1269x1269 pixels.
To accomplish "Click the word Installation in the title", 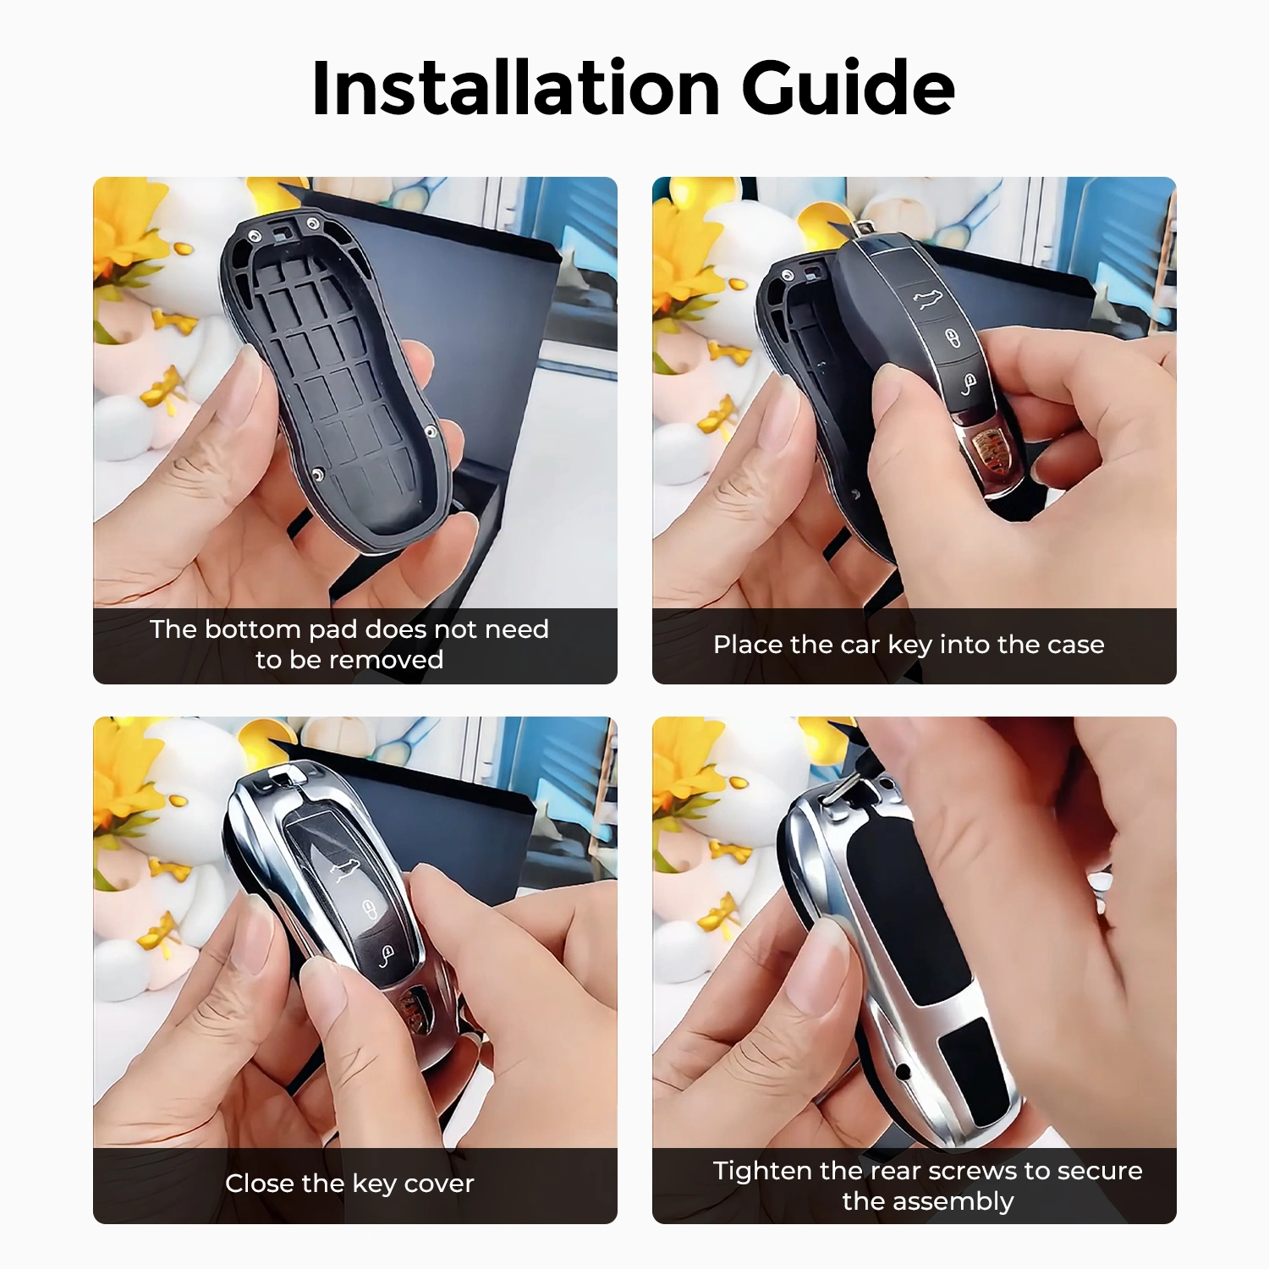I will pos(515,88).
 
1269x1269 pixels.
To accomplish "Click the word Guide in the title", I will pos(848,88).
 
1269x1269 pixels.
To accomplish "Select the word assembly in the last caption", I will pos(955,1201).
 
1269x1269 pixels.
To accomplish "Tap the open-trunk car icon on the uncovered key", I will pos(929,297).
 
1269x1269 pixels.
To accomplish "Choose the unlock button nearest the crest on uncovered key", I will pos(969,385).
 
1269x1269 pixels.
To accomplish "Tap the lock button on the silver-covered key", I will pos(370,910).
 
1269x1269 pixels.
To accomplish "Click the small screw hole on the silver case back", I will pos(904,1072).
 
